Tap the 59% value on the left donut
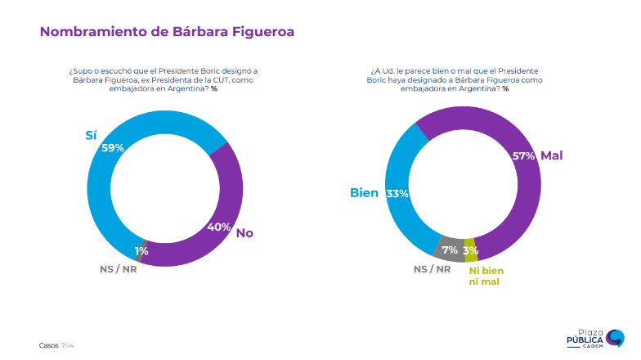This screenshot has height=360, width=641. (113, 148)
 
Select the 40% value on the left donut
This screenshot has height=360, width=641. (218, 227)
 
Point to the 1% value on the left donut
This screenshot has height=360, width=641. (141, 251)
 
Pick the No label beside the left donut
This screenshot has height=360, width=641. (244, 233)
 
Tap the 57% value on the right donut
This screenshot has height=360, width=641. (523, 155)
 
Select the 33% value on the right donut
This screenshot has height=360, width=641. (397, 194)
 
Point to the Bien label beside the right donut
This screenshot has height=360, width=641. (364, 193)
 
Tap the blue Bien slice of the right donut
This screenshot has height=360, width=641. (401, 221)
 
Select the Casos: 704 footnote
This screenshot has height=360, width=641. (56, 345)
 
